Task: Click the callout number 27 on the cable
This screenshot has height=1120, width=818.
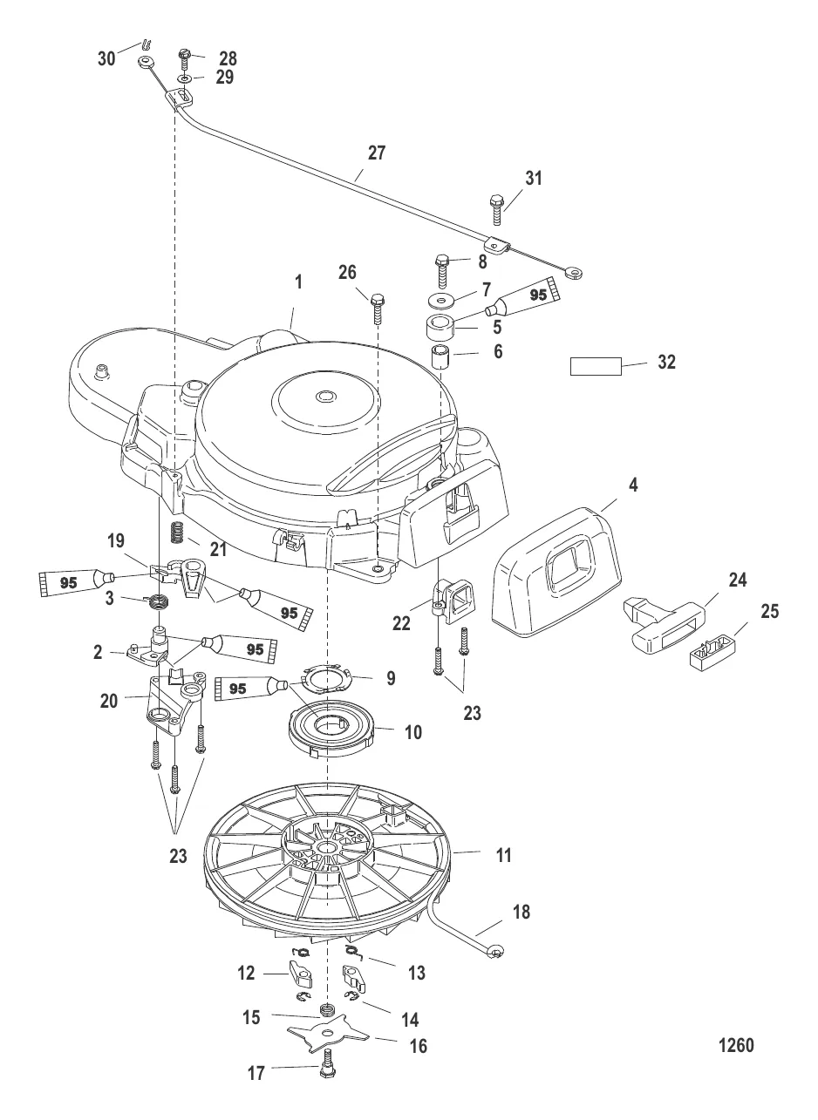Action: click(377, 153)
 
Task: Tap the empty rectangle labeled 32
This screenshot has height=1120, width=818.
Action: click(596, 366)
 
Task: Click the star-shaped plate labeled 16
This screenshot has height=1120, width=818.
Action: click(327, 1036)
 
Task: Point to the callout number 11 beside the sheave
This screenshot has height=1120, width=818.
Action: click(503, 855)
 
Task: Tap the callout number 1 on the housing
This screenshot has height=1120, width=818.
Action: click(298, 282)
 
